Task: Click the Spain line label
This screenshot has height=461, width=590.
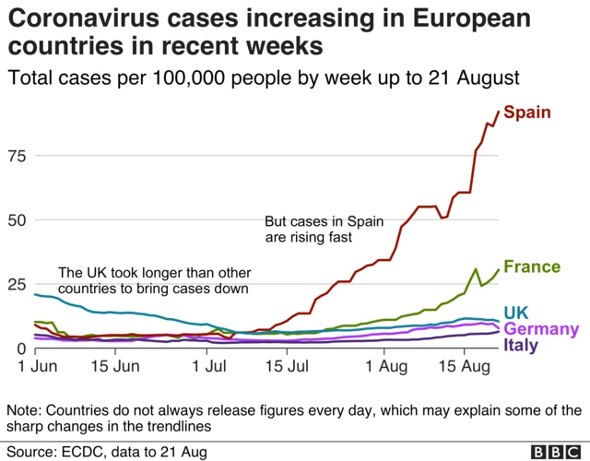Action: click(527, 112)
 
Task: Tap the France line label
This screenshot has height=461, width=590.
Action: click(532, 267)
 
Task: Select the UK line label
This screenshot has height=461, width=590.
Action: click(516, 313)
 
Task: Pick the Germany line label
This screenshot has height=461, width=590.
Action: click(542, 329)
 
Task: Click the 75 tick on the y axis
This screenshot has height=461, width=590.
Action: click(18, 156)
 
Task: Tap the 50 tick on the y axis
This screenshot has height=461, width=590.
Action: click(18, 219)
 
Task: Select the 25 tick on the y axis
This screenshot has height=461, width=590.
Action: click(18, 284)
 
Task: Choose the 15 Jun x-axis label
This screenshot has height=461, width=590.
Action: click(115, 367)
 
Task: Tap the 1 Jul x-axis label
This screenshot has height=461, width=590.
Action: click(210, 367)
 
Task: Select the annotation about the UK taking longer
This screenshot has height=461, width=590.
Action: click(153, 281)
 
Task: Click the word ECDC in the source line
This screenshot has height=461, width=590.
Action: click(82, 452)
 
